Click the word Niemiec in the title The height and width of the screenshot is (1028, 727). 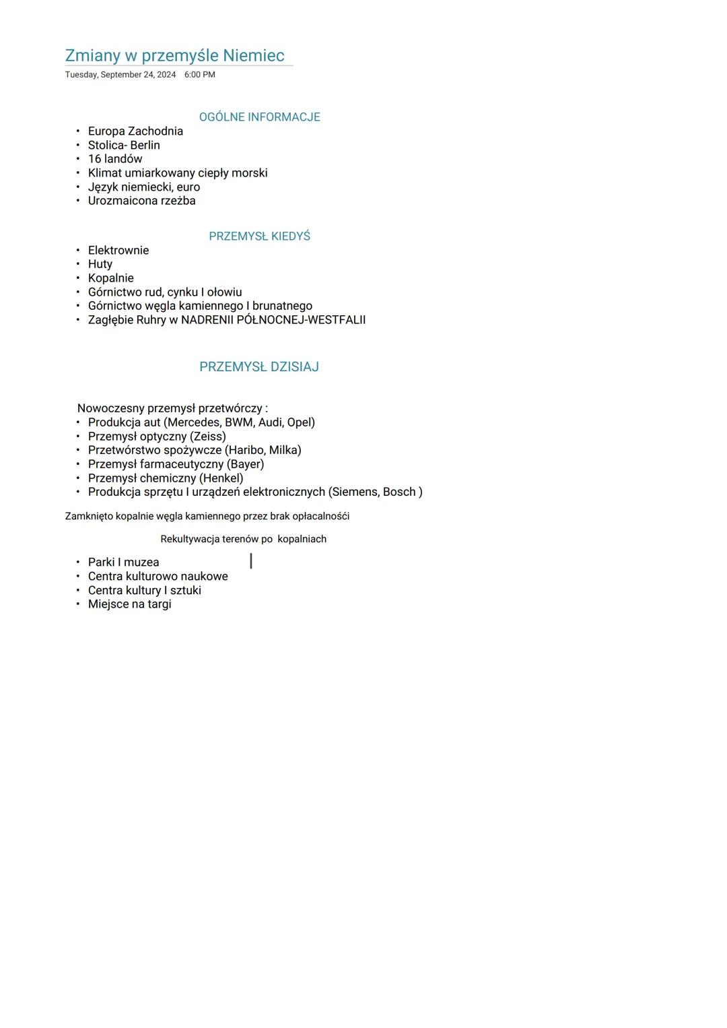click(x=254, y=55)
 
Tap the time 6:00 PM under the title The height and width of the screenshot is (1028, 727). click(x=200, y=75)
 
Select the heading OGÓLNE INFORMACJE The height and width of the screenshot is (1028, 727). click(x=259, y=117)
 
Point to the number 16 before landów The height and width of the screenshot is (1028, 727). click(x=94, y=159)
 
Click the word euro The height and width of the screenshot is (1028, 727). click(x=188, y=187)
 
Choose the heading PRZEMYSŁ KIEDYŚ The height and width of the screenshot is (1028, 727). click(x=259, y=236)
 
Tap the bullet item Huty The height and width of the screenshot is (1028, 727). click(x=100, y=264)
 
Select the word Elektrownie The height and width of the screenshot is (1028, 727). click(x=118, y=251)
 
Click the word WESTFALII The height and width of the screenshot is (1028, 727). click(x=337, y=320)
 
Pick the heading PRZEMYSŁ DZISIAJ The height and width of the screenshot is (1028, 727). click(x=259, y=367)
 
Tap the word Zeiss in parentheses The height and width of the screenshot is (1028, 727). click(x=208, y=437)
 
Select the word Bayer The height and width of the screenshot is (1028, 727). click(x=246, y=464)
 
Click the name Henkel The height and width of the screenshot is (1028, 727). click(x=221, y=478)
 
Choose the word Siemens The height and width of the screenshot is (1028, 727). click(x=354, y=492)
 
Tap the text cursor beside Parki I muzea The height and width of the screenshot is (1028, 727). click(x=251, y=560)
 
